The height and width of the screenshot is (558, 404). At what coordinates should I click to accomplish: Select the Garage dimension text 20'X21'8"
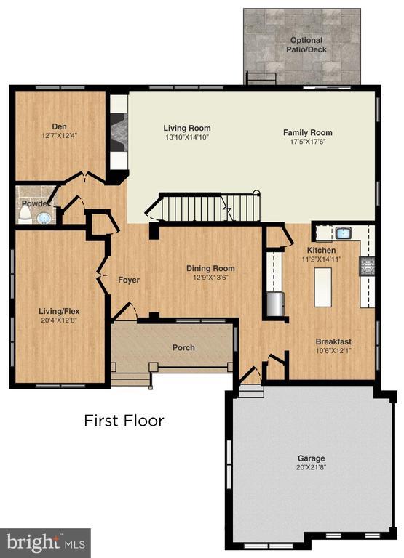click(311, 469)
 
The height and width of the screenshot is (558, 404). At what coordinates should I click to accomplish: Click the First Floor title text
click(124, 421)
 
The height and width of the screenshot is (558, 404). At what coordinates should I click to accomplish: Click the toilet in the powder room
click(25, 211)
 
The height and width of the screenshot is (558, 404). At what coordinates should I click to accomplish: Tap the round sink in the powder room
click(44, 217)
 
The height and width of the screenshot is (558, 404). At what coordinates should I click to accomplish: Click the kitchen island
click(321, 286)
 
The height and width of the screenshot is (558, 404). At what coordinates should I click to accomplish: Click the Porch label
click(183, 347)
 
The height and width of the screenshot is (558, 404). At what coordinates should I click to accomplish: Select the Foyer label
click(128, 280)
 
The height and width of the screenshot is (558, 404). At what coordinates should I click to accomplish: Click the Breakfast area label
click(333, 341)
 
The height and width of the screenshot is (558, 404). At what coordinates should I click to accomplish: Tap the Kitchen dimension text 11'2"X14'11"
click(321, 259)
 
